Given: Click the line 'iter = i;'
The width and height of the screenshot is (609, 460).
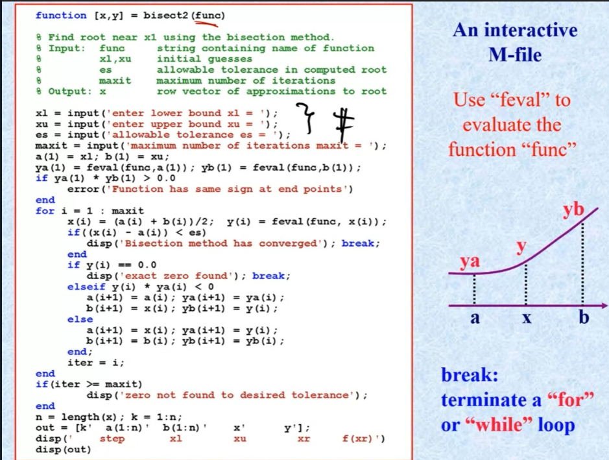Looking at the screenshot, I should click(x=96, y=363).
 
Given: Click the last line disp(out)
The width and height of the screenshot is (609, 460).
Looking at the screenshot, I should click(x=64, y=450).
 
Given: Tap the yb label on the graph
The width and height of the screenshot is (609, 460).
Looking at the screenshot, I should click(x=573, y=210).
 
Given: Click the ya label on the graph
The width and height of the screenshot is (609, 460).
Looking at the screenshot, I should click(x=470, y=261).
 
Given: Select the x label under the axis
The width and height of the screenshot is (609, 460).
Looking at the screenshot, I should click(x=527, y=319).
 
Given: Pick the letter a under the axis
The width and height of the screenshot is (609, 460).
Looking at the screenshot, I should click(x=475, y=319).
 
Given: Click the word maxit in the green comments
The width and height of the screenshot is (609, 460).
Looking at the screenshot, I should click(x=115, y=80).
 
